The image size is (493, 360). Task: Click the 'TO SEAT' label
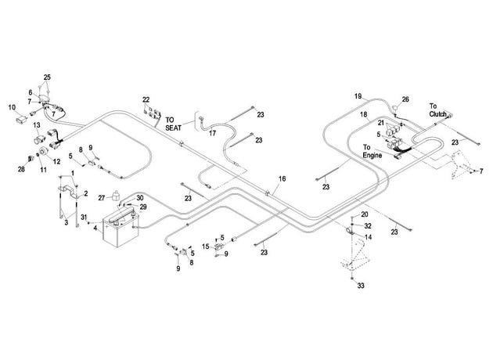pos(173,124)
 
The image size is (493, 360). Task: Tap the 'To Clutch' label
pos(437,110)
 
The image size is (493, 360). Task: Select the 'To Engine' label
pos(372,151)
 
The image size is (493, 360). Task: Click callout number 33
pos(361,286)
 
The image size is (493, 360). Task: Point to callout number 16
pos(282,179)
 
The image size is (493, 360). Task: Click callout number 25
pos(47,77)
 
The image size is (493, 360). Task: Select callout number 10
pos(12,107)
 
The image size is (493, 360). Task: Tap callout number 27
pos(101,198)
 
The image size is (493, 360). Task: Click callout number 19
pos(358,96)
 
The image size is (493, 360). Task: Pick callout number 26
pos(405,99)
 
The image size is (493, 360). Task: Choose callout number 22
pos(146,99)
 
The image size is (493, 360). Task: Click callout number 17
pos(213,133)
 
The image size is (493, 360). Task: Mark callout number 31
pos(84,218)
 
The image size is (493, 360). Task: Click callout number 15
pos(205,247)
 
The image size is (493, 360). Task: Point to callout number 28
pos(21,170)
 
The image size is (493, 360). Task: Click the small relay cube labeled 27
pos(115,196)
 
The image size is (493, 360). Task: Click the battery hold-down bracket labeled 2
pos(69,192)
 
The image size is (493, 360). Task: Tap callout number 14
pos(368,237)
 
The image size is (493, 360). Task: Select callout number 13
pos(37,125)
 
